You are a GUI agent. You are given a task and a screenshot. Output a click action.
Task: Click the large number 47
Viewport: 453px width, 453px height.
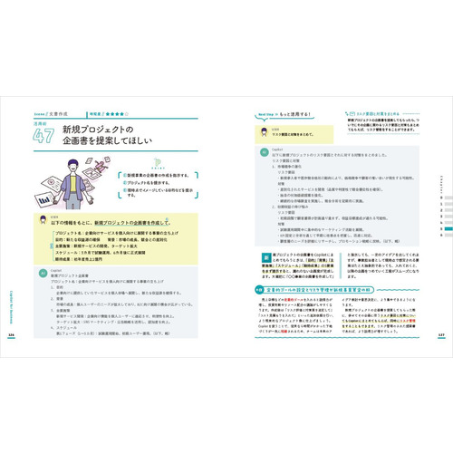click(x=43, y=139)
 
